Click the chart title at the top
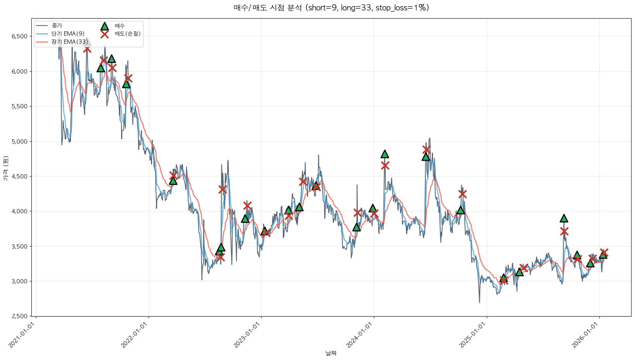pos(331,8)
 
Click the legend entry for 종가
pos(56,26)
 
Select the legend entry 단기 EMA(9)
pos(68,34)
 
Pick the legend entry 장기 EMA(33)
pos(69,42)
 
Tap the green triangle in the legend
pos(104,26)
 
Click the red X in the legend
pos(104,34)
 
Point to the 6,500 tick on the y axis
pos(19,36)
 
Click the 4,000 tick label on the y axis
pos(19,211)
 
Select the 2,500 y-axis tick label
pos(19,316)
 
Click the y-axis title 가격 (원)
pos(5,168)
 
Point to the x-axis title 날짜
pos(331,353)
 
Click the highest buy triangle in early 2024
pos(385,154)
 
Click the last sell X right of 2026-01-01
pos(604,252)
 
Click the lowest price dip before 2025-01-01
pos(479,302)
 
